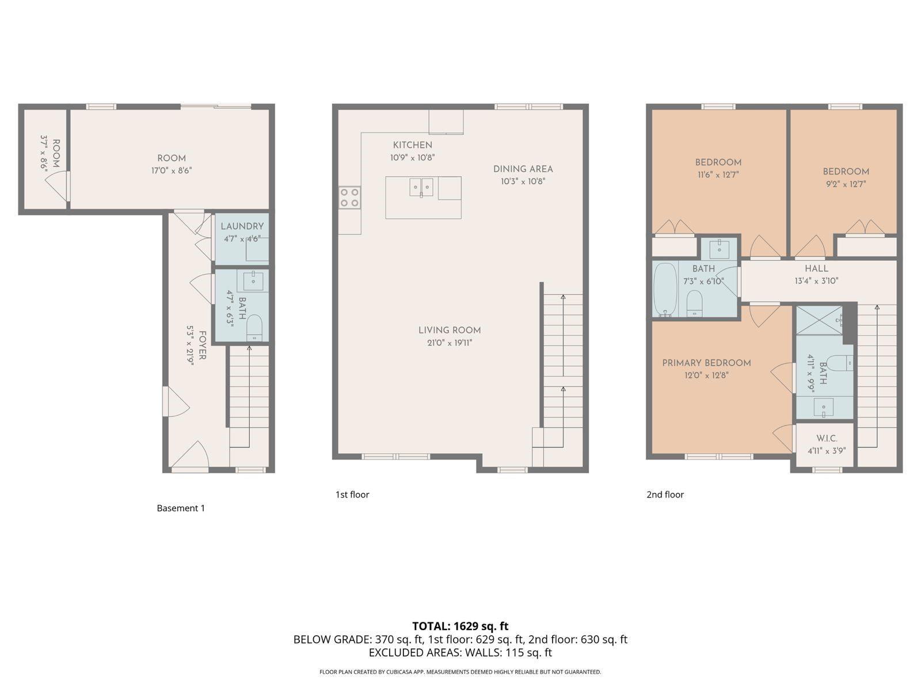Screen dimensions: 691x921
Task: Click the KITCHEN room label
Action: pyautogui.click(x=412, y=145)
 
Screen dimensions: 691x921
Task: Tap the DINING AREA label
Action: pyautogui.click(x=523, y=169)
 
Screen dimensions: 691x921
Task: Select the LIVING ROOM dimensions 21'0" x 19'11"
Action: pyautogui.click(x=449, y=343)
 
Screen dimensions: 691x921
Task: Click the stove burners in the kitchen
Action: pyautogui.click(x=349, y=198)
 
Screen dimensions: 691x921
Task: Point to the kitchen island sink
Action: pyautogui.click(x=421, y=187)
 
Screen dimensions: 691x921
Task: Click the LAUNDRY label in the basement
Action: pyautogui.click(x=242, y=226)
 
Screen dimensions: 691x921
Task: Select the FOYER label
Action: pyautogui.click(x=202, y=345)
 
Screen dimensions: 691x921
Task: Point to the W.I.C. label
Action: pyautogui.click(x=826, y=439)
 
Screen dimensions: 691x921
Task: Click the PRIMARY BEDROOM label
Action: pyautogui.click(x=706, y=363)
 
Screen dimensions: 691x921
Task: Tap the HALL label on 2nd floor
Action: pyautogui.click(x=816, y=268)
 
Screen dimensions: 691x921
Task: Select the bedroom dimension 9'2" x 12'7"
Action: pyautogui.click(x=845, y=184)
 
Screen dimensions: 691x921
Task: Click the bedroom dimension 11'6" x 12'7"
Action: pyautogui.click(x=718, y=174)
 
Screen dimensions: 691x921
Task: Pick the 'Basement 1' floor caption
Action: pyautogui.click(x=181, y=508)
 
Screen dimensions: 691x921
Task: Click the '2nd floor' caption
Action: pyautogui.click(x=665, y=495)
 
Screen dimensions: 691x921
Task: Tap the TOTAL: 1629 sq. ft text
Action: pyautogui.click(x=460, y=626)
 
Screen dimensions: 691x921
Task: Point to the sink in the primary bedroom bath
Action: pyautogui.click(x=824, y=408)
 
